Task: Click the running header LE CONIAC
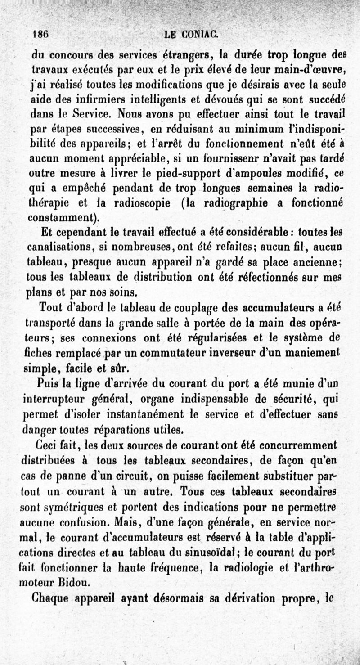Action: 191,33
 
